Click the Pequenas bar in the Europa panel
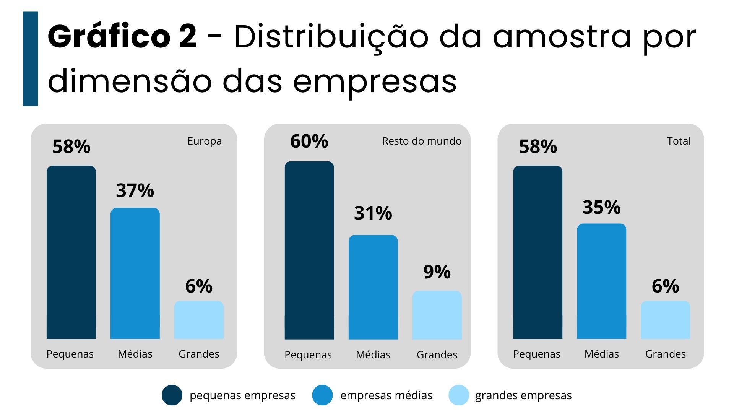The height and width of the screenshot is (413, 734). tap(71, 252)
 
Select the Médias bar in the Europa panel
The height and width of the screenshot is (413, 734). tap(135, 273)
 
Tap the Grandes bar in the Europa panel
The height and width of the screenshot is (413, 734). tap(199, 320)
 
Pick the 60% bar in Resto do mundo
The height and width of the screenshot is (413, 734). tap(309, 250)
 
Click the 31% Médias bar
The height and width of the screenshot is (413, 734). tap(373, 287)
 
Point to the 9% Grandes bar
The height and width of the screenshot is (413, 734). tap(437, 315)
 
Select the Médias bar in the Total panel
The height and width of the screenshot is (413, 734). tap(601, 281)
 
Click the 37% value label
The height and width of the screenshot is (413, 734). tap(135, 190)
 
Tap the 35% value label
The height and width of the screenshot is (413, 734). tap(601, 207)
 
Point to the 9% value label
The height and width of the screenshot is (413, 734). tap(437, 272)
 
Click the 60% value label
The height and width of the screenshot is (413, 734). tap(309, 141)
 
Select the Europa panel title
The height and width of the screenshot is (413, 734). tap(205, 141)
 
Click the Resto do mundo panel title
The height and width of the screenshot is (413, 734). tap(422, 141)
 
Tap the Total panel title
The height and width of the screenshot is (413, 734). tap(679, 141)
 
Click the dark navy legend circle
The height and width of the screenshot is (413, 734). tap(172, 395)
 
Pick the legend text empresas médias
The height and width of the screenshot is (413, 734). tap(386, 395)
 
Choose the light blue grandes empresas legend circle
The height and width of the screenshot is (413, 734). tap(459, 395)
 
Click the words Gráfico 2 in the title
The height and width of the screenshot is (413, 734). tap(122, 37)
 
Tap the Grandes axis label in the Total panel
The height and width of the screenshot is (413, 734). tap(665, 354)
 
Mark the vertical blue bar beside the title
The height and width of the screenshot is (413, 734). tap(31, 59)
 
